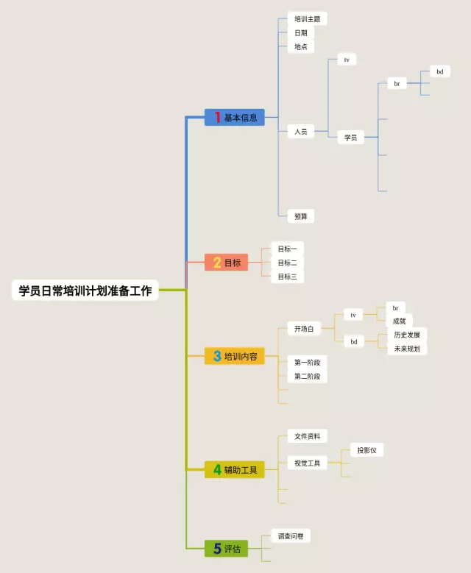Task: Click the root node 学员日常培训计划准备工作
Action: [85, 291]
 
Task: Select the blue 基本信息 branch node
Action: [235, 118]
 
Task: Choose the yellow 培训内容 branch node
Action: [235, 357]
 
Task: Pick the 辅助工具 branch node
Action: [235, 469]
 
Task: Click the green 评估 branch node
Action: [227, 548]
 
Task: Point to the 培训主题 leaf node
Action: [307, 19]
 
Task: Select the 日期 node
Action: [301, 33]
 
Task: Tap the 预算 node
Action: [301, 216]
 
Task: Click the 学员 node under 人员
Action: [351, 138]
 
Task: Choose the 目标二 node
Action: [287, 263]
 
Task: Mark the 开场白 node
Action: [304, 329]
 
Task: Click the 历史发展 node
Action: [406, 335]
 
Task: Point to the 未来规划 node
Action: [406, 349]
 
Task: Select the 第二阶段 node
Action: [307, 377]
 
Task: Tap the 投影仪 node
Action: [366, 450]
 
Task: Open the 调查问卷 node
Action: [290, 536]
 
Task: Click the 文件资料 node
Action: [307, 436]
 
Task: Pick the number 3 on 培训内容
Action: [217, 357]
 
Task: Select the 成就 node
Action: [399, 321]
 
